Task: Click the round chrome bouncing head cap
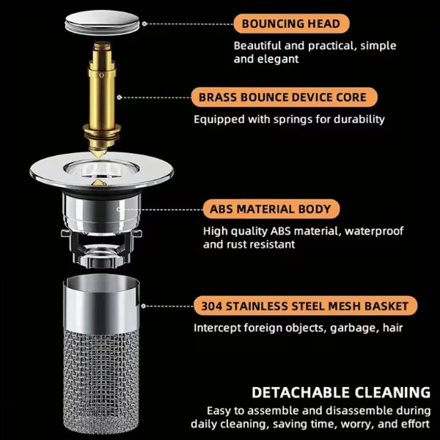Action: pos(103,23)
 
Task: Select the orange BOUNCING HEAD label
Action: pos(291,23)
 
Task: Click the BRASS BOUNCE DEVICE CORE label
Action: pos(284,98)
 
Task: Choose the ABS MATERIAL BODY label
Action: pos(271,209)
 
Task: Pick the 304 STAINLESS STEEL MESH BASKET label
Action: pos(305,306)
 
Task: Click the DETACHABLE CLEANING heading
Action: pos(341,392)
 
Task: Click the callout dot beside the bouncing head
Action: pos(144,24)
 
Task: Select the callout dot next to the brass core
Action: pos(120,98)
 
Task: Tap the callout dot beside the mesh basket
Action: pos(144,306)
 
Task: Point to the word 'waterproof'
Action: pos(374,231)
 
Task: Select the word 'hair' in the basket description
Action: pos(393,328)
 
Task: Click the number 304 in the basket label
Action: pos(211,306)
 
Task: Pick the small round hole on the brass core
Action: pos(102,75)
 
